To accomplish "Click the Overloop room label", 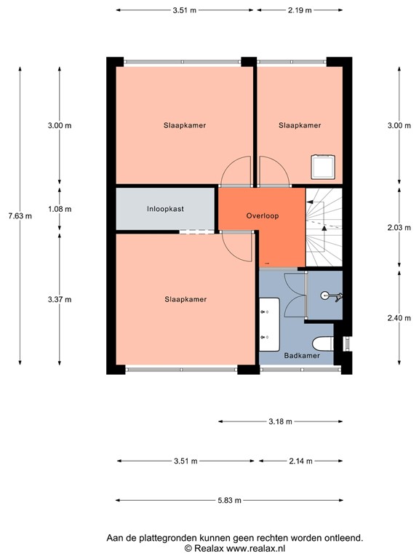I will point(263,216).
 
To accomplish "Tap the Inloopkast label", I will point(165,209).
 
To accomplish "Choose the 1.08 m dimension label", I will point(60,209).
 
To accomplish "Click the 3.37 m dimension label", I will point(60,299).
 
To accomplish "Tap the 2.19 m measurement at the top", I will point(299,10).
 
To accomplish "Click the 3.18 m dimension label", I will point(279,421).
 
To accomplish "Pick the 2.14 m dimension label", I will point(299,461).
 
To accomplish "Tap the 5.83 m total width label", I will point(229,500).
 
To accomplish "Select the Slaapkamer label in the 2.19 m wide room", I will point(300,125).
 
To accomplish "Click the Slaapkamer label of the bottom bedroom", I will point(185,299).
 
